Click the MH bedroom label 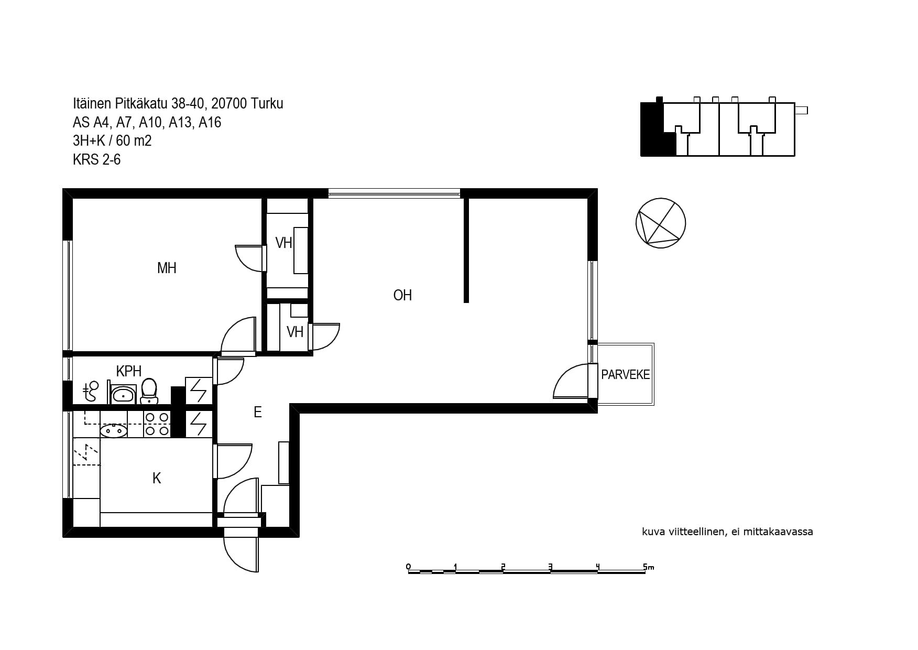coord(167,268)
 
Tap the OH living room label coord(402,296)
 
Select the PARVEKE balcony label coord(625,375)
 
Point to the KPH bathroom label coord(129,371)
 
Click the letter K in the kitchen coord(157,478)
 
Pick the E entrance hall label coord(257,413)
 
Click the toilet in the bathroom coord(149,391)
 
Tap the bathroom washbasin coord(123,394)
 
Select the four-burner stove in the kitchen coord(157,424)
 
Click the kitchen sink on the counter coord(113,431)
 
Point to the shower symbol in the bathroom coord(91,392)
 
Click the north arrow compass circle coord(660,223)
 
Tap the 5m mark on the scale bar coord(648,567)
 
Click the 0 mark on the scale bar coord(408,567)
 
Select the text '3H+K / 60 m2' coord(112,141)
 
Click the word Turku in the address coord(267,104)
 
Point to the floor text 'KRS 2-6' coord(97,159)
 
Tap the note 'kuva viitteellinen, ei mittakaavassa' coord(727,532)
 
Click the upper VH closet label coord(283,243)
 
